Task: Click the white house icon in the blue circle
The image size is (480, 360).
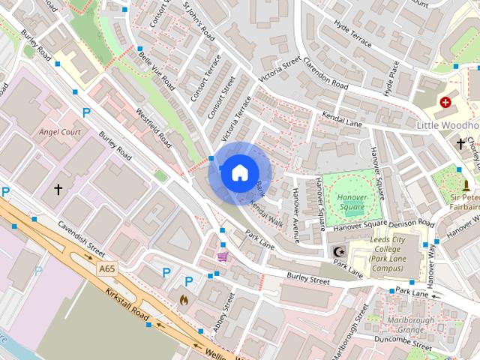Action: (x=238, y=173)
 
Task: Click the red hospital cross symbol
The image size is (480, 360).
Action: (x=446, y=101)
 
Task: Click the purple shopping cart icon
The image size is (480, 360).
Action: (x=223, y=256)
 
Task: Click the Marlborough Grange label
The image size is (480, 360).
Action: (x=400, y=325)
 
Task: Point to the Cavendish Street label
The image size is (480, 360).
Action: (x=84, y=238)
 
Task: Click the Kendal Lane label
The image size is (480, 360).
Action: (x=342, y=120)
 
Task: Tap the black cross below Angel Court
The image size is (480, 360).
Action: (x=58, y=190)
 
